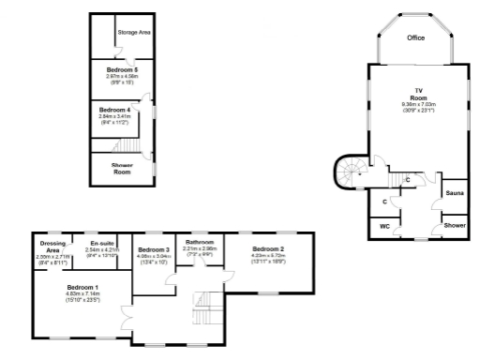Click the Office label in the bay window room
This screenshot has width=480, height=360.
pyautogui.click(x=415, y=38)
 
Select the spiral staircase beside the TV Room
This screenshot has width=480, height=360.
pyautogui.click(x=352, y=172)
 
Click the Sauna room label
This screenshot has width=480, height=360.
pyautogui.click(x=455, y=193)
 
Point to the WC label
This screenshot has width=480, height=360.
pyautogui.click(x=384, y=226)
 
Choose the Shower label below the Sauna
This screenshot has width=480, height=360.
pyautogui.click(x=455, y=226)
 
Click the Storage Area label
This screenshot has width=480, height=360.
pyautogui.click(x=135, y=32)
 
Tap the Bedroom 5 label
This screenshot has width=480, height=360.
pyautogui.click(x=123, y=70)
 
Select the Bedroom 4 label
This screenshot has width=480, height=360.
pyautogui.click(x=115, y=110)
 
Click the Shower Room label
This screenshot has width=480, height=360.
pyautogui.click(x=123, y=169)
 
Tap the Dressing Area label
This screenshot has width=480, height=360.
pyautogui.click(x=53, y=247)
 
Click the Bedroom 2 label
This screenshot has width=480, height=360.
pyautogui.click(x=267, y=248)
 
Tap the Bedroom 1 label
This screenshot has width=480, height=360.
pyautogui.click(x=82, y=287)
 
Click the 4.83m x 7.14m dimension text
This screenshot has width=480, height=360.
pyautogui.click(x=82, y=293)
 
